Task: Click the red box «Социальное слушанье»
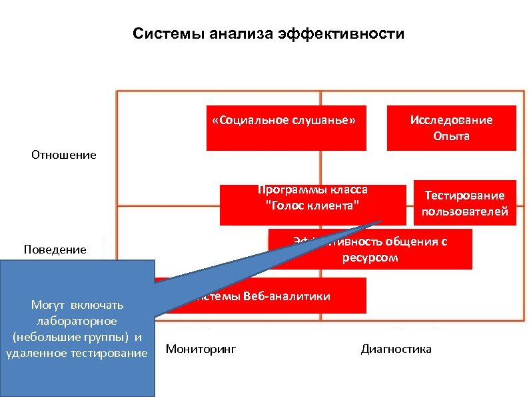click(286, 127)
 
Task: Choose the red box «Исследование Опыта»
click(452, 128)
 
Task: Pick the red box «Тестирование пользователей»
click(464, 203)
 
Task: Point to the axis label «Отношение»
click(64, 155)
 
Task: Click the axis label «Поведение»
click(55, 250)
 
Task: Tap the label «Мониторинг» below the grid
click(201, 349)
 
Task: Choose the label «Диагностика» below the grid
click(396, 349)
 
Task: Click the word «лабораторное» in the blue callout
click(77, 321)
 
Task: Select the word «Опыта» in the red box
click(451, 136)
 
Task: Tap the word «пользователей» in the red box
click(464, 212)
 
